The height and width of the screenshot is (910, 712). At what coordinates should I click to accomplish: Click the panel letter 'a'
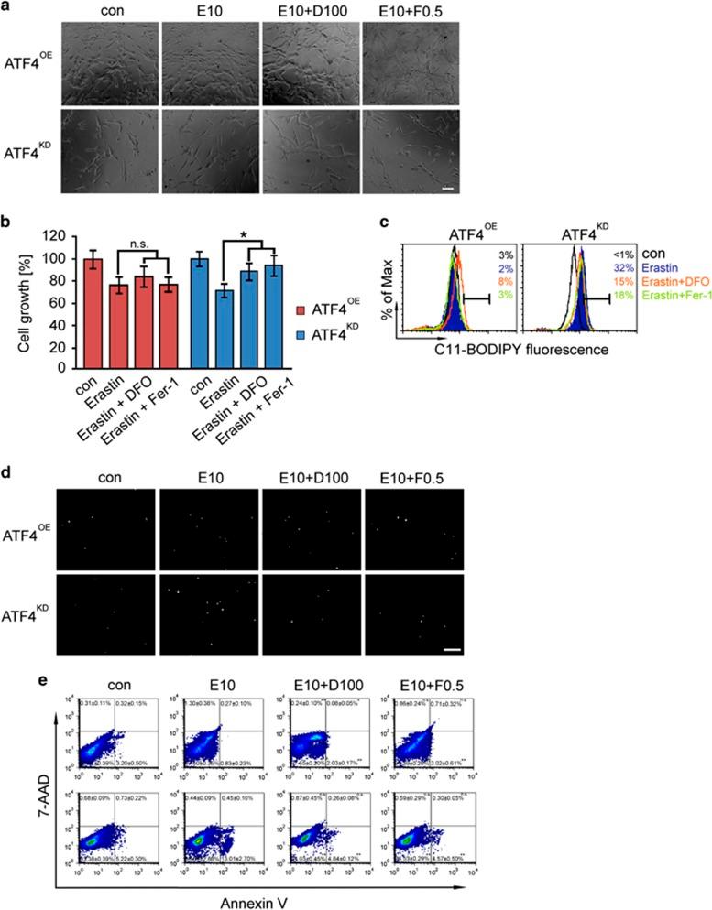[7, 7]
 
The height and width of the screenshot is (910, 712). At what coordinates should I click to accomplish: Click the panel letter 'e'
[7, 685]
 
